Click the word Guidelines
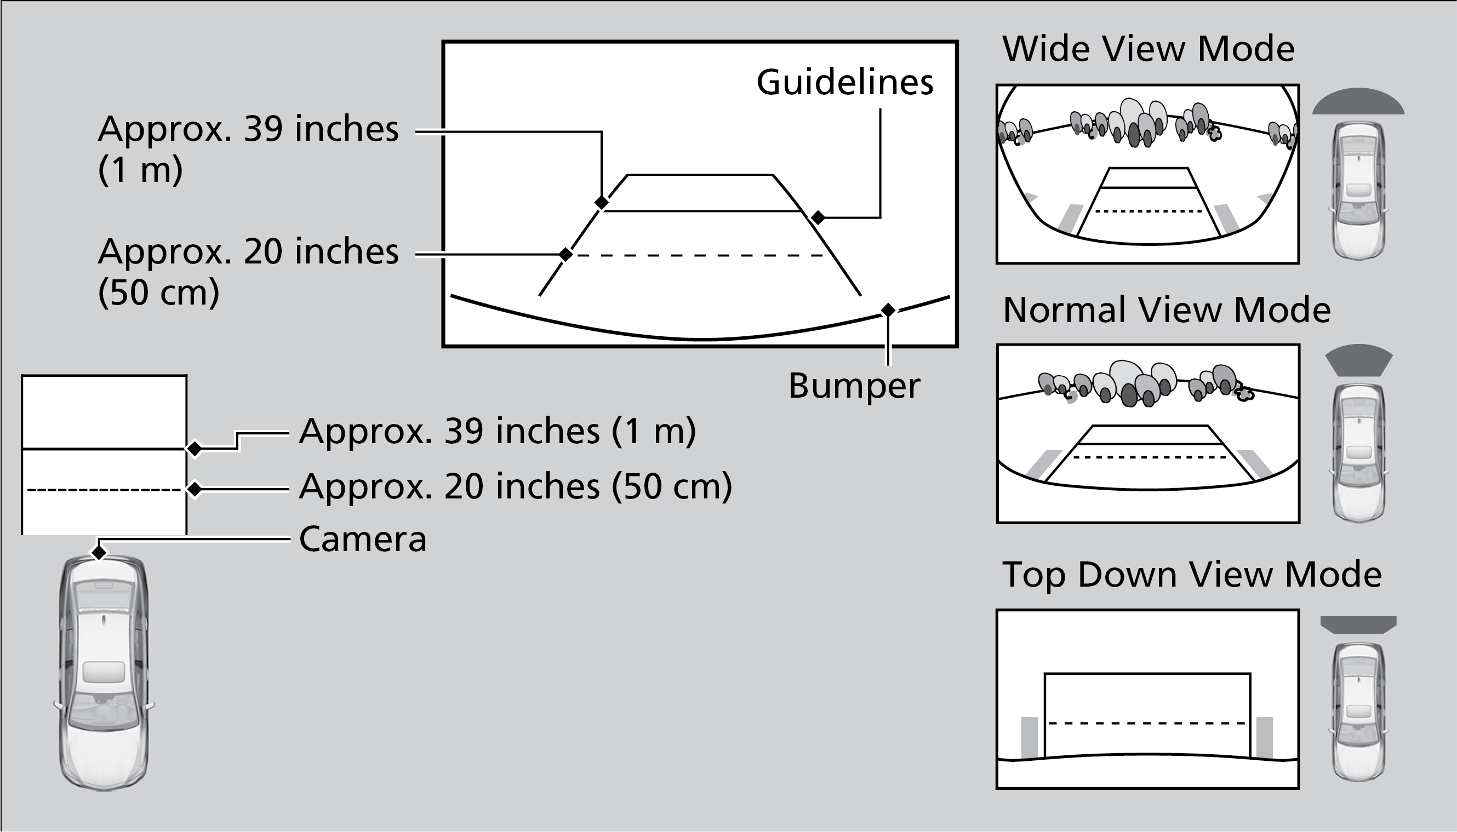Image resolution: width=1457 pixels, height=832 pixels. pos(844,83)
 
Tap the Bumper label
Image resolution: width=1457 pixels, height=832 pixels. pos(854,386)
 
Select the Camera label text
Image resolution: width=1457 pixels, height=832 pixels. pos(362,540)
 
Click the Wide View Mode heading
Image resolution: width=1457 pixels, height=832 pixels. pos(1148,49)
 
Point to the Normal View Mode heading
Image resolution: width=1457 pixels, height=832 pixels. pos(1166,310)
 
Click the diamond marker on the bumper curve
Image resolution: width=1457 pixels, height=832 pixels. pos(888,309)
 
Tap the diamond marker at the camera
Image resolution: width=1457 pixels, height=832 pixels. pos(99,553)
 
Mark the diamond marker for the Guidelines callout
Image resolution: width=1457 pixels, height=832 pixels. pos(818,217)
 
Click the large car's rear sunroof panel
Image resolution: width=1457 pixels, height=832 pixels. pos(104,672)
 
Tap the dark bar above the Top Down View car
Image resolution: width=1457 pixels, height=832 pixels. pos(1358,624)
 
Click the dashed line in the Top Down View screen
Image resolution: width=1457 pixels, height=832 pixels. pos(1147,724)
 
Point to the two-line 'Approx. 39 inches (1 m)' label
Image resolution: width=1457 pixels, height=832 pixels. pos(248,148)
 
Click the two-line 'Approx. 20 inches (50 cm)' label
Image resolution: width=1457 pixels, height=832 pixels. pos(248,272)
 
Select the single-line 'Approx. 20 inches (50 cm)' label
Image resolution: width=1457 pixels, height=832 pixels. pos(515,487)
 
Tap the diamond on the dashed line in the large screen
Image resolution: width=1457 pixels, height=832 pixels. pos(565,254)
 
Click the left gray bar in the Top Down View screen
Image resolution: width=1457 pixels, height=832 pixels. pos(1029,737)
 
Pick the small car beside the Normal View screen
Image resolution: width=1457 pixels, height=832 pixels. pos(1359,451)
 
